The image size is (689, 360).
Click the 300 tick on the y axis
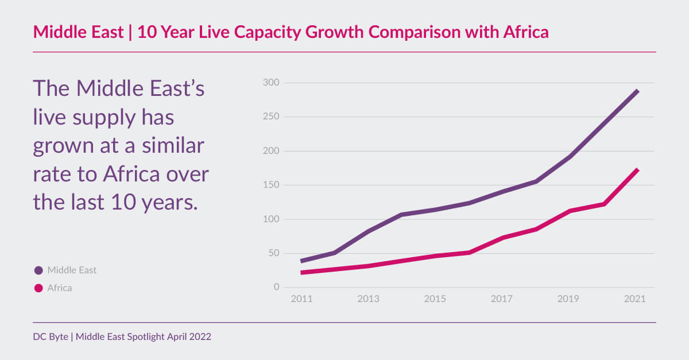click(272, 83)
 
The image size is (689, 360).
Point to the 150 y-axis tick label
click(272, 185)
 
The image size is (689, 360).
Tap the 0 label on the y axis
click(276, 287)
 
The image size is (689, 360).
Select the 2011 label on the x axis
click(302, 299)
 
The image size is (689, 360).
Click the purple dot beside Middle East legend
click(38, 270)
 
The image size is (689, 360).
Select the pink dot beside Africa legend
click(38, 288)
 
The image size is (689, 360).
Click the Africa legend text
click(60, 288)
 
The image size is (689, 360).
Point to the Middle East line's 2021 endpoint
click(637, 91)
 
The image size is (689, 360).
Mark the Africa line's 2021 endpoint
click(637, 170)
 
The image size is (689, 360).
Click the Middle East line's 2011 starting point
click(303, 261)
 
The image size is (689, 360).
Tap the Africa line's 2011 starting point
click(303, 272)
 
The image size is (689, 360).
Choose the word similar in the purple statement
click(172, 146)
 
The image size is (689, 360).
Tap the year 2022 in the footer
click(200, 336)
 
